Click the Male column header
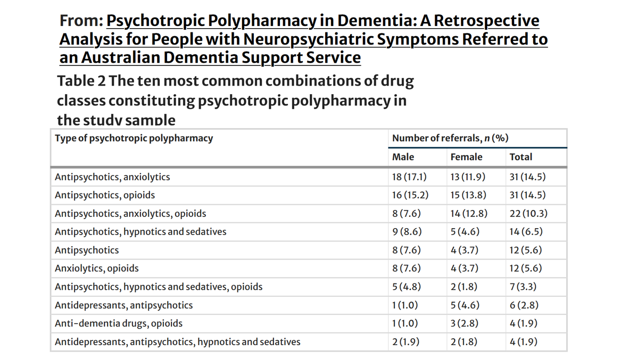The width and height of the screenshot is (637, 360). click(403, 157)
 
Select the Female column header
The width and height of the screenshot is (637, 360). click(466, 157)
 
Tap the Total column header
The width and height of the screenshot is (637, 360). click(520, 157)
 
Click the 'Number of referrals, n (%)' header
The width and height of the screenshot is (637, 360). click(450, 138)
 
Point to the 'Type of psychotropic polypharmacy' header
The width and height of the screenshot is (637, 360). click(134, 138)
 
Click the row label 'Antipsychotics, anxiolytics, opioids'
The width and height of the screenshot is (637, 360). click(130, 214)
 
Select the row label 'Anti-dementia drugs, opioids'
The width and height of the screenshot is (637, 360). click(119, 323)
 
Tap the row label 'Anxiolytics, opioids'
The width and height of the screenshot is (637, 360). click(97, 269)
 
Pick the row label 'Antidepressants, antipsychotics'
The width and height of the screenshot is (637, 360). click(124, 305)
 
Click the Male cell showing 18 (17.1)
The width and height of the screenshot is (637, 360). click(409, 177)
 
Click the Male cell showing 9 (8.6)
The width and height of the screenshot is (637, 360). click(407, 232)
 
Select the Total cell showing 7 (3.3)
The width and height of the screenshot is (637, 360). click(523, 287)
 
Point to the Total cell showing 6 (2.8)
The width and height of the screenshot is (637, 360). click(524, 305)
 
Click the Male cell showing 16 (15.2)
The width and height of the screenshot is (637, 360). click(410, 195)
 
